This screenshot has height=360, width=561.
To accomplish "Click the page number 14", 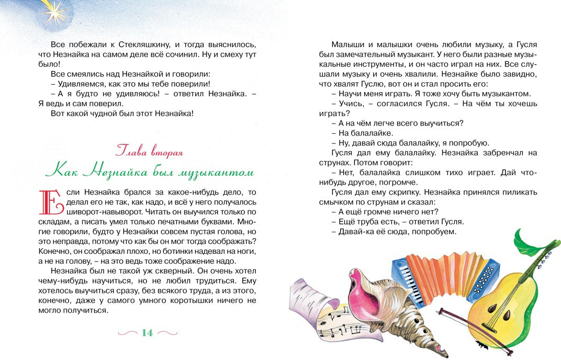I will point(147,332).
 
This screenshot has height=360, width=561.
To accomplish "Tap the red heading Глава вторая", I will point(149,152).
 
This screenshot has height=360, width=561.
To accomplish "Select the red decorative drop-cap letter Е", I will point(51,202).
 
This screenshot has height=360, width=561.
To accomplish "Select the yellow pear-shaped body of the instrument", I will point(502,303).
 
